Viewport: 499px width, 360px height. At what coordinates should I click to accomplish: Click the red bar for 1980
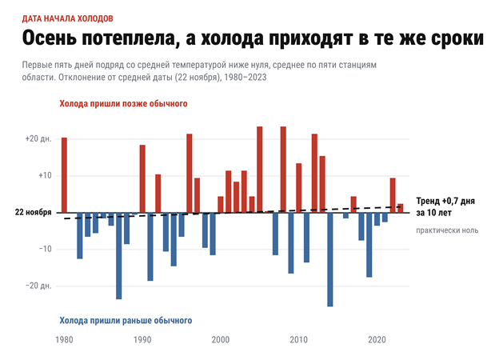pyautogui.click(x=64, y=175)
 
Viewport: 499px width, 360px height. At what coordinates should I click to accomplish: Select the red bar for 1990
pyautogui.click(x=142, y=179)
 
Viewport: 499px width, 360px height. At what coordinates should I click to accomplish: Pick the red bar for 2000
pyautogui.click(x=221, y=205)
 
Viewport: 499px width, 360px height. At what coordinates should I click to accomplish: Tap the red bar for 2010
pyautogui.click(x=299, y=188)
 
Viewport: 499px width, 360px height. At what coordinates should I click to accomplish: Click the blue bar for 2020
pyautogui.click(x=377, y=219)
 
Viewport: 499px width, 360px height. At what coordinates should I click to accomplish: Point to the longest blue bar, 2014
pyautogui.click(x=330, y=260)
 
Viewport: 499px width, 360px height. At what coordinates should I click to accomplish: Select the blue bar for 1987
pyautogui.click(x=119, y=256)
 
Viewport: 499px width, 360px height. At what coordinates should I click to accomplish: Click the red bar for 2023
pyautogui.click(x=401, y=208)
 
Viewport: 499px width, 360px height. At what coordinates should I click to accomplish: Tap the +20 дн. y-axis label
pyautogui.click(x=38, y=139)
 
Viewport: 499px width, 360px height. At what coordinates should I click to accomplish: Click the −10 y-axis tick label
pyautogui.click(x=46, y=250)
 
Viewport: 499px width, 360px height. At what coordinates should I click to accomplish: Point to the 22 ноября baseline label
pyautogui.click(x=33, y=212)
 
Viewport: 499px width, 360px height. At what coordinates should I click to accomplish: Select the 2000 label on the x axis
pyautogui.click(x=221, y=340)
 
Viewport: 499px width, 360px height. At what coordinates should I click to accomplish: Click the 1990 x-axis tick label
pyautogui.click(x=142, y=340)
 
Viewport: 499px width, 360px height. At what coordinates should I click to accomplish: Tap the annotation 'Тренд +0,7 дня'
pyautogui.click(x=445, y=201)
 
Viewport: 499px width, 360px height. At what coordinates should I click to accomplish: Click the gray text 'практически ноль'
pyautogui.click(x=447, y=230)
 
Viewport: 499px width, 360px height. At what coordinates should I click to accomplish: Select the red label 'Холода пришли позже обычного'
pyautogui.click(x=123, y=104)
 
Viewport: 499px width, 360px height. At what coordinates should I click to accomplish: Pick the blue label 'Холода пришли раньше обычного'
pyautogui.click(x=126, y=321)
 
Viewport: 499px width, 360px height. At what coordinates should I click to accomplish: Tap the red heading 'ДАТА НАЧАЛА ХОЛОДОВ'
pyautogui.click(x=67, y=18)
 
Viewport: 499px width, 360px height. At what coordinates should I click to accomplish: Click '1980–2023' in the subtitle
pyautogui.click(x=246, y=78)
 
